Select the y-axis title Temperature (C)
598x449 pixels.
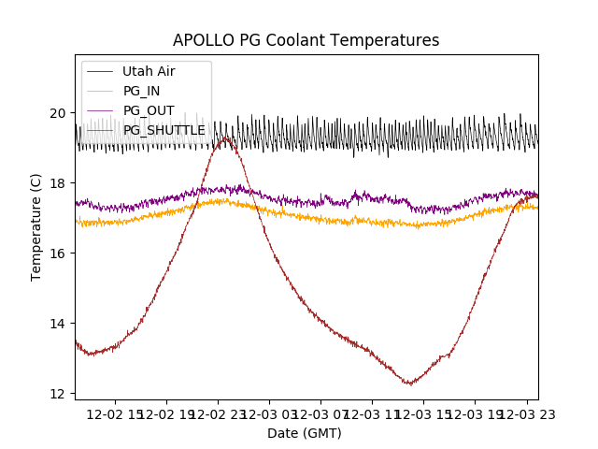36,225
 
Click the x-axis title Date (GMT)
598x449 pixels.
305,433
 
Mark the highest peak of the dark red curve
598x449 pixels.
225,138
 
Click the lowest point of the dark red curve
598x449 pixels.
409,384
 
